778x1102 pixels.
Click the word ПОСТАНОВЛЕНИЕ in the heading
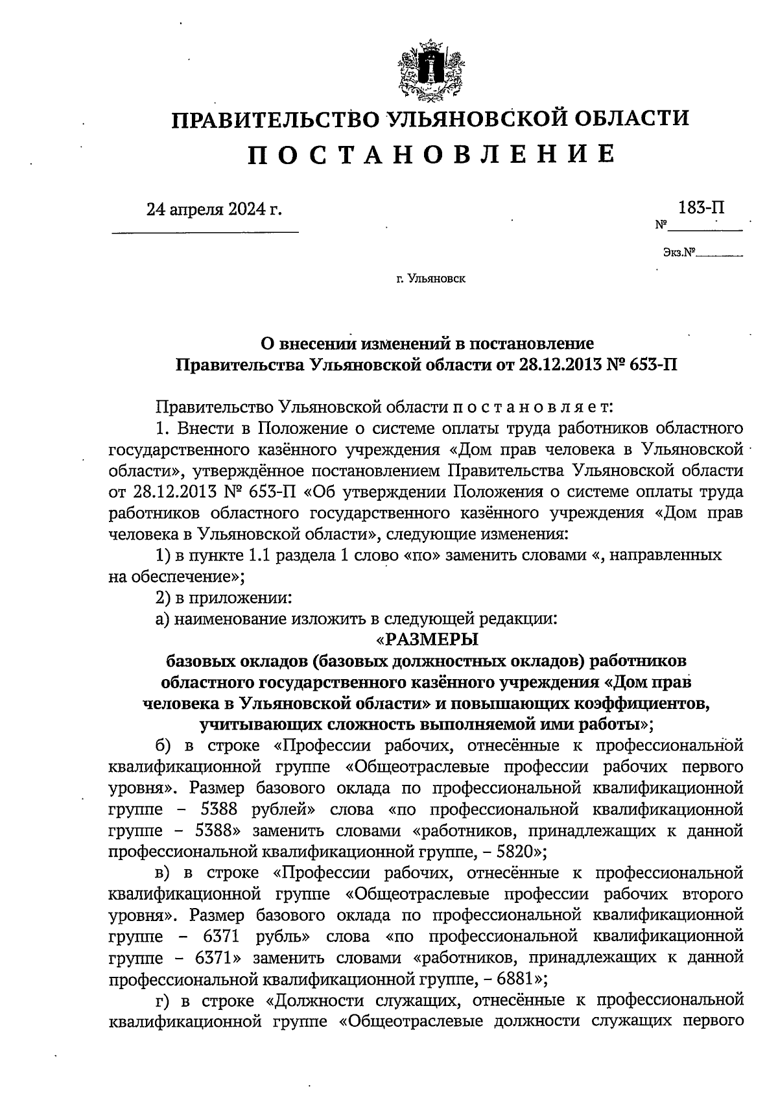pos(429,154)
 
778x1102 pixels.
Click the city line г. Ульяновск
pos(430,279)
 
